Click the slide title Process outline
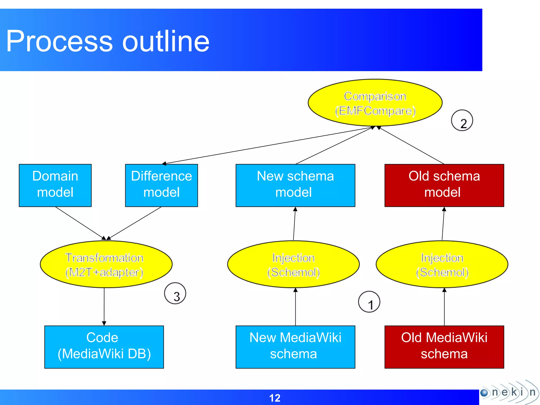[108, 41]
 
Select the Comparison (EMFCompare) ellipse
[375, 103]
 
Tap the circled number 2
[462, 120]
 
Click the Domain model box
[55, 185]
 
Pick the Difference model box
[161, 185]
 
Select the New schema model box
[295, 185]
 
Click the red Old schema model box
[444, 185]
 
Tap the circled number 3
[175, 293]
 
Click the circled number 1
[369, 302]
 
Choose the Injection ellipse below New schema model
[293, 264]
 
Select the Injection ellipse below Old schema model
[442, 264]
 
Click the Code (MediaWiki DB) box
[104, 347]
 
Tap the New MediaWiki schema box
[295, 347]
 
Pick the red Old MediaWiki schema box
[444, 347]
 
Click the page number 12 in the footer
[274, 398]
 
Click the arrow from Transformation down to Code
[104, 306]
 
